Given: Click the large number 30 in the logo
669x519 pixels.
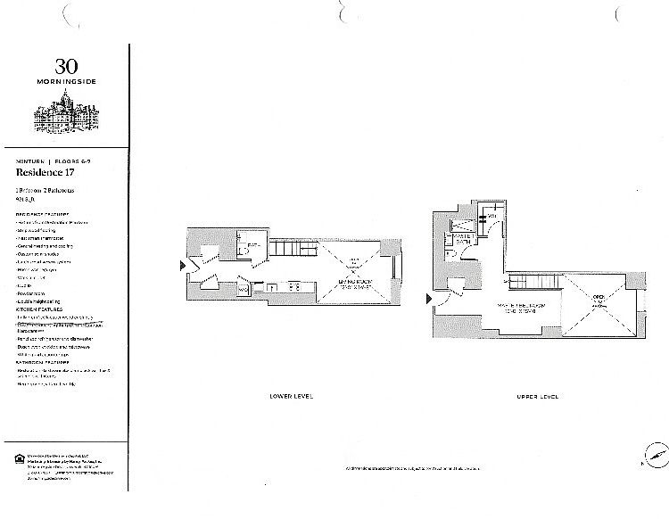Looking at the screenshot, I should (x=66, y=66).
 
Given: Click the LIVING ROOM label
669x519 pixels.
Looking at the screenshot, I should (x=354, y=283).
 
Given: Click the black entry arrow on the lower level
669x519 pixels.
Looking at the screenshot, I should (x=184, y=265).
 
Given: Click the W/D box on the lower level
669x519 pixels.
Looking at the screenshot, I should (x=243, y=288).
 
